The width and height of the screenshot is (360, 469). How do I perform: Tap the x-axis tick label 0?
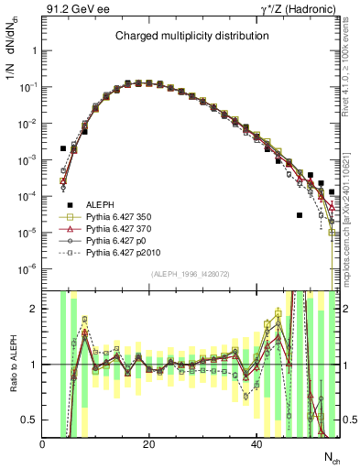43,443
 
